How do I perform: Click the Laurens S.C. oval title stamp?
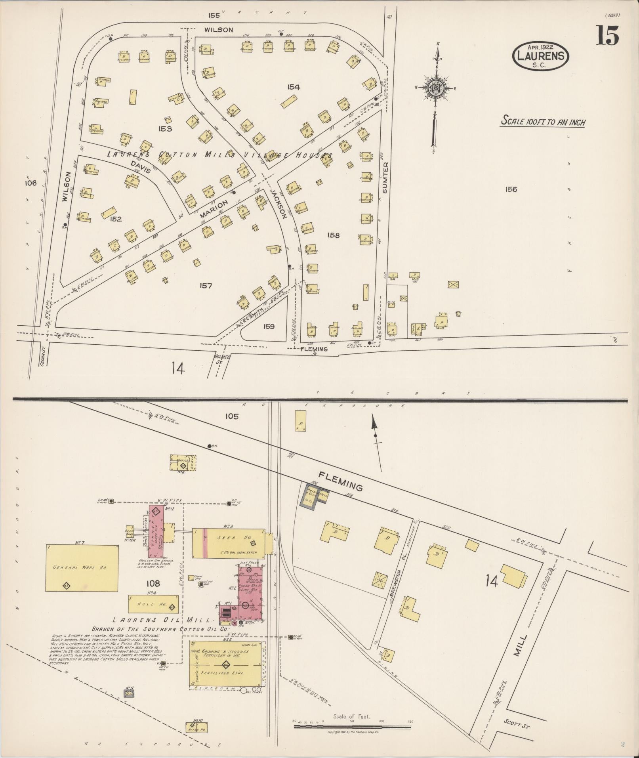click(541, 56)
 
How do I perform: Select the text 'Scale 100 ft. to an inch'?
click(543, 121)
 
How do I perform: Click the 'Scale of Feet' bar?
click(353, 726)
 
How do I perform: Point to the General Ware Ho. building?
click(82, 568)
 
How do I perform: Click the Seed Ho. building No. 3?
click(229, 543)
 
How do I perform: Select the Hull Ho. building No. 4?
click(153, 604)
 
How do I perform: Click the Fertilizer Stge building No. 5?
click(226, 663)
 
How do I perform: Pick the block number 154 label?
click(294, 87)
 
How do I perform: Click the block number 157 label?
click(206, 286)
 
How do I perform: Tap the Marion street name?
click(214, 209)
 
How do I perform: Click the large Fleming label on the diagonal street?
click(341, 481)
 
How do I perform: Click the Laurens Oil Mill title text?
click(163, 620)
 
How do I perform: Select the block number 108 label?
click(153, 583)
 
